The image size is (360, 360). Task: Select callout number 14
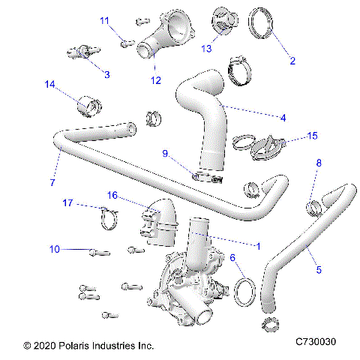[49, 85]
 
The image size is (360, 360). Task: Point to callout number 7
[52, 182]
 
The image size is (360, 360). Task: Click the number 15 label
[313, 136]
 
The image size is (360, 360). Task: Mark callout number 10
[53, 248]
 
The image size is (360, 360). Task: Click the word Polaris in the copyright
[76, 346]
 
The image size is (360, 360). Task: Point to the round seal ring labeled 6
[244, 289]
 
